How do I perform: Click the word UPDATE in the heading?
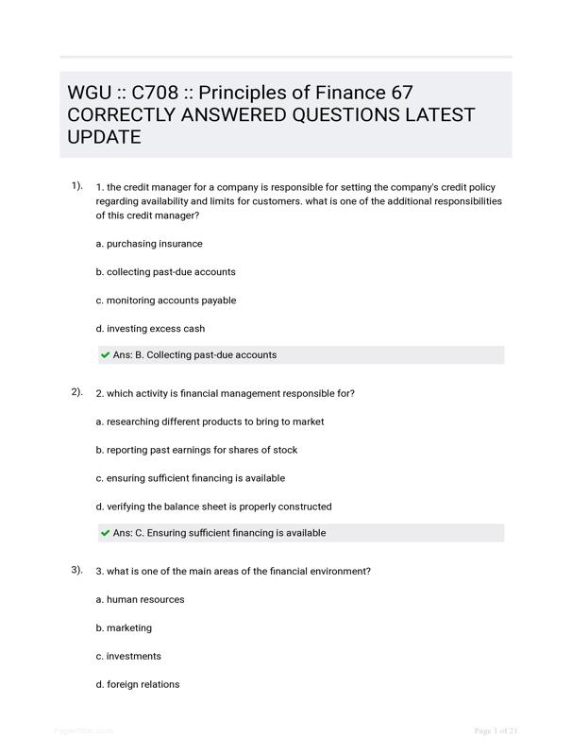(x=104, y=138)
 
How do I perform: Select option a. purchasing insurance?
(x=149, y=244)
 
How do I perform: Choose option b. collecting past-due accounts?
(x=165, y=272)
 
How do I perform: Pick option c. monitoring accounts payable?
(x=165, y=301)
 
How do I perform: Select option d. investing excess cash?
(x=150, y=329)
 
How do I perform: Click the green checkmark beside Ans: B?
(x=105, y=355)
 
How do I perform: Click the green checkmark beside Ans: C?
(x=105, y=533)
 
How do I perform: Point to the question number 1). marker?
(x=76, y=186)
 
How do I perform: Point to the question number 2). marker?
(x=76, y=392)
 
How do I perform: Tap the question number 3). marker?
(x=76, y=570)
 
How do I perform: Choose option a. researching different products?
(x=210, y=421)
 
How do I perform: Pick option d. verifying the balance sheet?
(x=213, y=507)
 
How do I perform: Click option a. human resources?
(x=140, y=599)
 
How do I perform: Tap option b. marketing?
(x=124, y=627)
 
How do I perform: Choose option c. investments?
(x=128, y=656)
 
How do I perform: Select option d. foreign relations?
(x=137, y=684)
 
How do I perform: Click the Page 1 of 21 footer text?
(x=496, y=730)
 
